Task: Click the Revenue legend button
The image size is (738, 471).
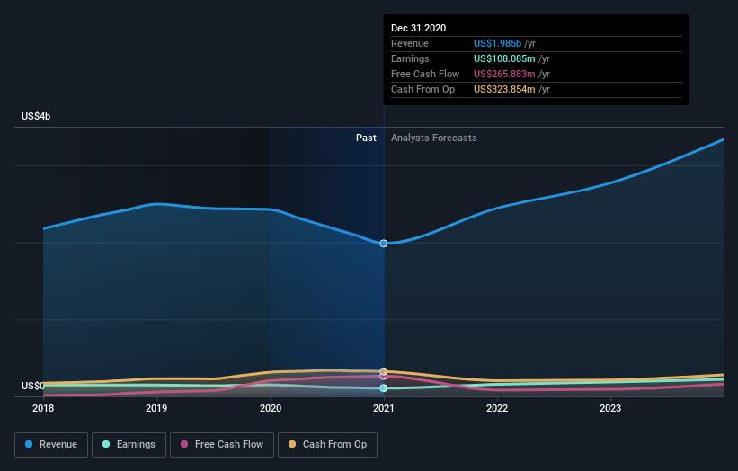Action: [x=52, y=444]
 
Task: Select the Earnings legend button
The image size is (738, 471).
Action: [x=129, y=444]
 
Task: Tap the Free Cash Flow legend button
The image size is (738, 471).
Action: [x=221, y=444]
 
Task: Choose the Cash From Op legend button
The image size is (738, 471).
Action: [x=328, y=444]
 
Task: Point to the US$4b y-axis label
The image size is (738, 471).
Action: [x=36, y=117]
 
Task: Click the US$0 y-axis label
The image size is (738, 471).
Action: [x=32, y=386]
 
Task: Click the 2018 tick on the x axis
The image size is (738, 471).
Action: [x=43, y=408]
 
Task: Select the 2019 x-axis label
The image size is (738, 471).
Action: [x=156, y=408]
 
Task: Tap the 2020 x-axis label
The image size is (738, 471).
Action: [x=271, y=408]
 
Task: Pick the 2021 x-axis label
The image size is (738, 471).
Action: [x=384, y=408]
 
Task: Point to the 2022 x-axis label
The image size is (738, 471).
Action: [x=497, y=408]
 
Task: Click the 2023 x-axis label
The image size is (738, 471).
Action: [x=610, y=408]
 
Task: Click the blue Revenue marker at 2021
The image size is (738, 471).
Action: [x=384, y=244]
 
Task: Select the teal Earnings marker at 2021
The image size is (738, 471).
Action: [x=384, y=388]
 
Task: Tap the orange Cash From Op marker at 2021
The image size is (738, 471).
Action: [x=384, y=371]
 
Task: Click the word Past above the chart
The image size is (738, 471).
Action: [x=366, y=138]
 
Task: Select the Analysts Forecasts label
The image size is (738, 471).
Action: [x=433, y=138]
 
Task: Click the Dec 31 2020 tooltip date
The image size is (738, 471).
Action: [x=418, y=28]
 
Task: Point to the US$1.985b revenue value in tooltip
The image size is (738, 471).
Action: [x=504, y=43]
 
